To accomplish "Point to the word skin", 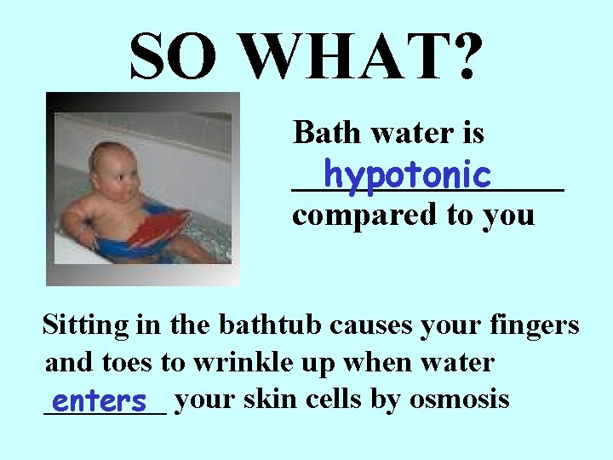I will click(x=271, y=399).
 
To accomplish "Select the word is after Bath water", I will click(x=472, y=133).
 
